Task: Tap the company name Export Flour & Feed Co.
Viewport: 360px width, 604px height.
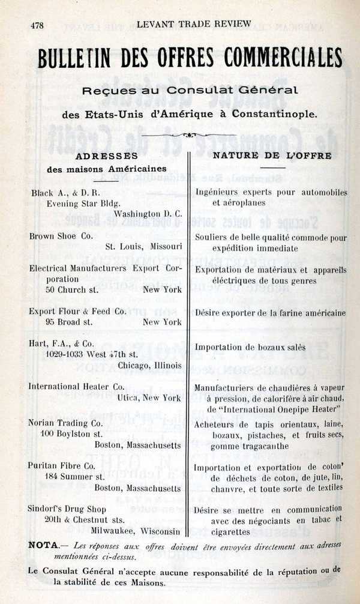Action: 78,311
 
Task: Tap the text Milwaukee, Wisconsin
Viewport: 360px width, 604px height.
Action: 136,531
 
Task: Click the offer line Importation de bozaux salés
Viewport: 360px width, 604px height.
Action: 250,347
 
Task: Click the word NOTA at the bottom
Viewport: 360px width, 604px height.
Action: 43,545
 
